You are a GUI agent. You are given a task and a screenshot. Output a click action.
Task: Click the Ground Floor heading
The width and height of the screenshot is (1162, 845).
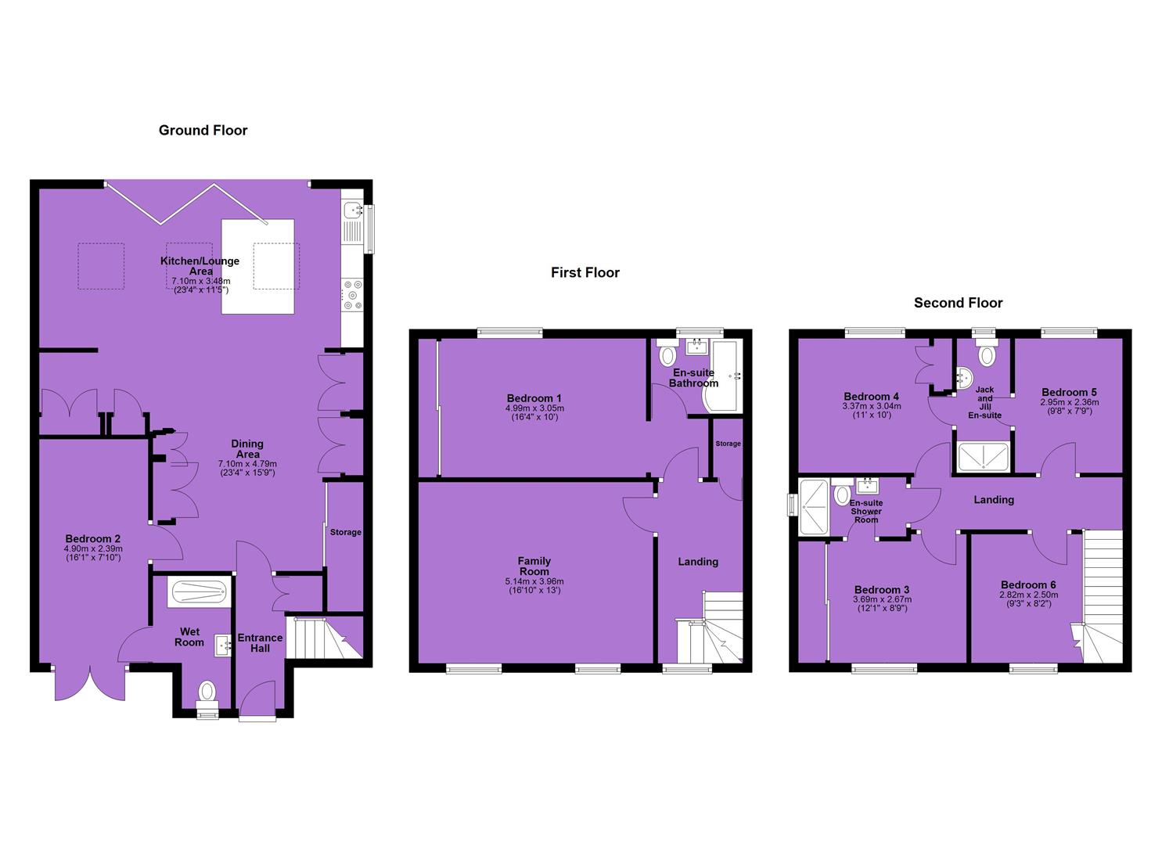[203, 130]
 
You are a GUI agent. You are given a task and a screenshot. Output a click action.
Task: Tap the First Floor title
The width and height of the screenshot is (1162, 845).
[585, 273]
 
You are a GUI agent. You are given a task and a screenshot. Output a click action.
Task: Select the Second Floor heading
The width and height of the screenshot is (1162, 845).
[958, 303]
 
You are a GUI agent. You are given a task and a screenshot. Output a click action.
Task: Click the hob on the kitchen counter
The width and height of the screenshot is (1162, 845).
[353, 295]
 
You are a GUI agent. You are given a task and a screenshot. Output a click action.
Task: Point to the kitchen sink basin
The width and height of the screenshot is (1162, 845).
[353, 210]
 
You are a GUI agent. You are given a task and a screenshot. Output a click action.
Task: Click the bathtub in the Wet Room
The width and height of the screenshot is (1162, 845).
[200, 591]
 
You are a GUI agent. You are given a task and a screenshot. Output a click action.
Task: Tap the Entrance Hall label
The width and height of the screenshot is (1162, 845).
[260, 643]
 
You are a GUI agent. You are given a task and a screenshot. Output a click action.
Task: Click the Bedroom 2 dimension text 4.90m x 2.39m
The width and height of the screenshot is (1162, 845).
[93, 548]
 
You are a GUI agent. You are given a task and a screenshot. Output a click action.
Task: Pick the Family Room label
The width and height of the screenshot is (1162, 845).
[534, 566]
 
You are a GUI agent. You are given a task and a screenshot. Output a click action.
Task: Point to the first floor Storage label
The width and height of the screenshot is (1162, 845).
[728, 444]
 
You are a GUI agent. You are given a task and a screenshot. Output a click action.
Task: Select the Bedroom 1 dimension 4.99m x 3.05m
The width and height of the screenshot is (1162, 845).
[534, 408]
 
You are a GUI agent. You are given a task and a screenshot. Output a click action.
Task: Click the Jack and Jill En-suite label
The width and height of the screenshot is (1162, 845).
[984, 402]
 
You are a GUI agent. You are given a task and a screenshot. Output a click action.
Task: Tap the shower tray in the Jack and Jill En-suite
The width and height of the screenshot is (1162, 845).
[983, 457]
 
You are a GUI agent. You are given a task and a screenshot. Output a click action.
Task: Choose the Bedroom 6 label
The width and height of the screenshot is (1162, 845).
[1028, 585]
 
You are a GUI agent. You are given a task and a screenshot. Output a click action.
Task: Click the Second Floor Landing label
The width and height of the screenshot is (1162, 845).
[994, 500]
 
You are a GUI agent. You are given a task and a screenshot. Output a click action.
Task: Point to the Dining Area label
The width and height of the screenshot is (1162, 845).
[247, 448]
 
